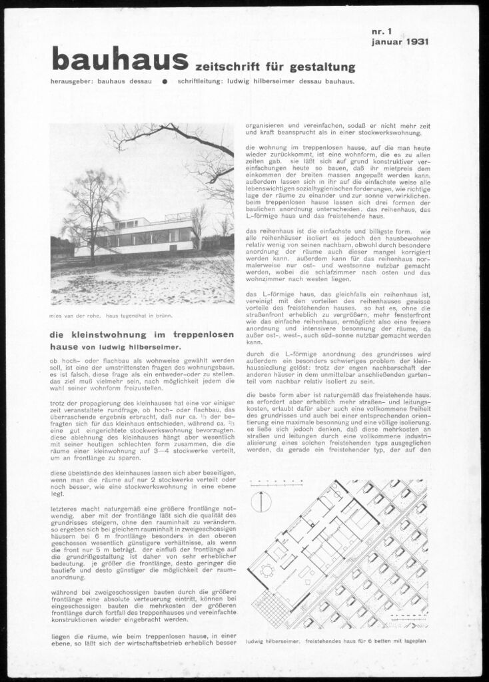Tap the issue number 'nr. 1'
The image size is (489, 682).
384,31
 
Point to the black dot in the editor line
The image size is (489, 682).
163,82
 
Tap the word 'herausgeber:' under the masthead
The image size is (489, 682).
71,82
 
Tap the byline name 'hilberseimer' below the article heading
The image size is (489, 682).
153,346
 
